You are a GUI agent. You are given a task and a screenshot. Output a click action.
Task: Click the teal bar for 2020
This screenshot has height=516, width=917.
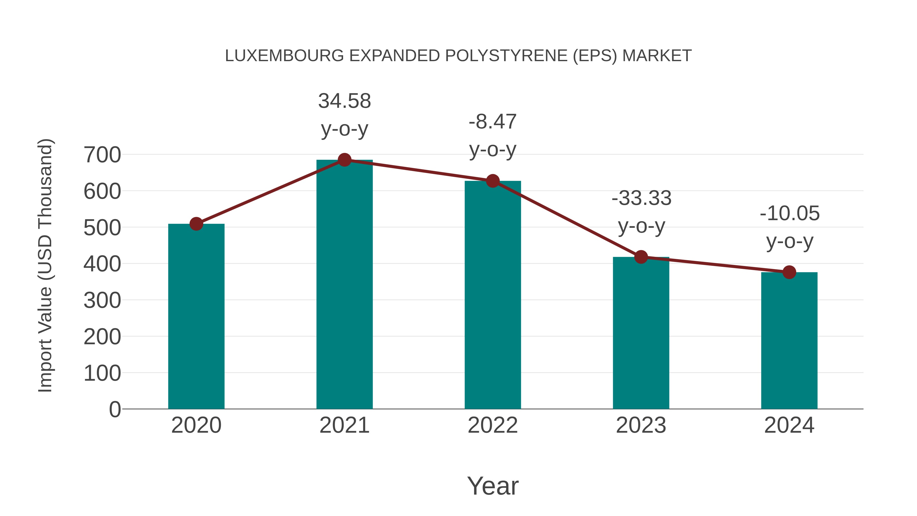pyautogui.click(x=196, y=317)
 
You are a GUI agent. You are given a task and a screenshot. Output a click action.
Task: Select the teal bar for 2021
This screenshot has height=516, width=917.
pyautogui.click(x=344, y=285)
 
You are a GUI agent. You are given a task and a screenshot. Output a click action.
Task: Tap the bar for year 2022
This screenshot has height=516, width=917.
pyautogui.click(x=493, y=296)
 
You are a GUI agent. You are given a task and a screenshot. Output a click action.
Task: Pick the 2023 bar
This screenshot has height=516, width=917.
pyautogui.click(x=641, y=333)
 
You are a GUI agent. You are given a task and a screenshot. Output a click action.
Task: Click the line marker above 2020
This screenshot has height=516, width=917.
pyautogui.click(x=196, y=224)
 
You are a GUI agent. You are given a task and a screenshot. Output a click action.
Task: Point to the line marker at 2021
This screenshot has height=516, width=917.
pyautogui.click(x=344, y=160)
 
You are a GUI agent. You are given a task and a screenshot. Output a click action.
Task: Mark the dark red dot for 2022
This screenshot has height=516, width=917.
pyautogui.click(x=493, y=181)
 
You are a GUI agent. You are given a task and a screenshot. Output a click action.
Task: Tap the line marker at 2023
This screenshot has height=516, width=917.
pyautogui.click(x=641, y=257)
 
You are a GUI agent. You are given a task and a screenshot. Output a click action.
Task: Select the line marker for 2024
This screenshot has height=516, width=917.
pyautogui.click(x=789, y=272)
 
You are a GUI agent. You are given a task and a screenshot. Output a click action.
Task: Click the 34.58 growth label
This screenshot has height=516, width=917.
pyautogui.click(x=344, y=101)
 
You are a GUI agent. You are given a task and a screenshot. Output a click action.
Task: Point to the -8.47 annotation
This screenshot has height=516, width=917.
pyautogui.click(x=493, y=122)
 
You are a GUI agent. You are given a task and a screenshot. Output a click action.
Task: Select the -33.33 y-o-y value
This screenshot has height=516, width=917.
pyautogui.click(x=641, y=198)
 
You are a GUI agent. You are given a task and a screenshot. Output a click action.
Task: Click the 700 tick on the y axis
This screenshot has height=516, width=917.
pyautogui.click(x=102, y=155)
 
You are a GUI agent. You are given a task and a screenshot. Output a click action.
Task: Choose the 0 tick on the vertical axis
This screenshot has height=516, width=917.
pyautogui.click(x=115, y=409)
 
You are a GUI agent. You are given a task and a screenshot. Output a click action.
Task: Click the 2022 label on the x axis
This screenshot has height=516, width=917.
pyautogui.click(x=493, y=426)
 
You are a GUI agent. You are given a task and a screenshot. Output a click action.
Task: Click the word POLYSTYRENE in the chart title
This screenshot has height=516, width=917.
pyautogui.click(x=506, y=56)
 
